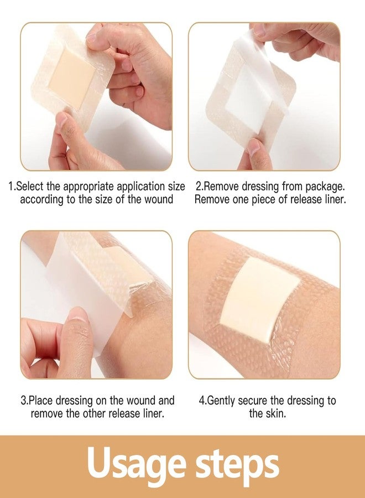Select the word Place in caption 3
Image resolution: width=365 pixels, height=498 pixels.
click(x=42, y=400)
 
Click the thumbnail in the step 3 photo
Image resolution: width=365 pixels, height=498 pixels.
click(x=77, y=317)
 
